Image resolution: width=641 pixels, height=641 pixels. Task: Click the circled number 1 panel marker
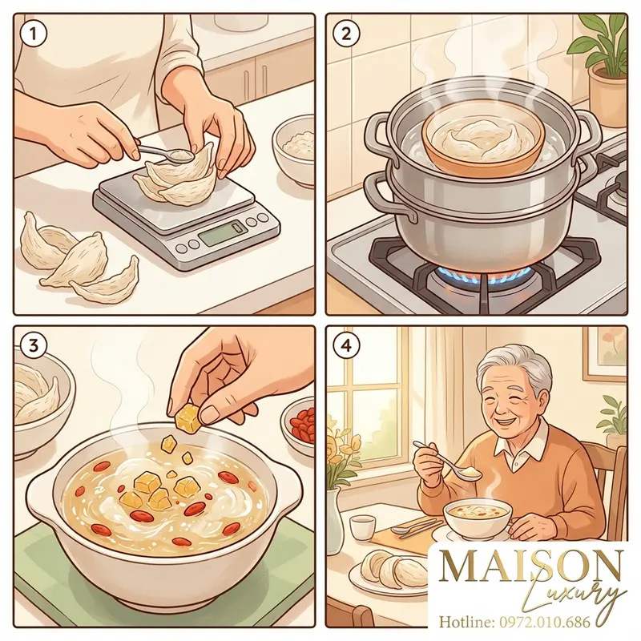pyautogui.click(x=34, y=34)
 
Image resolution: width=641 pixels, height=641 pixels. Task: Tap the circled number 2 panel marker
pyautogui.click(x=346, y=34)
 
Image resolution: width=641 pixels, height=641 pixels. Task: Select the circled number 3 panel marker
pyautogui.click(x=34, y=346)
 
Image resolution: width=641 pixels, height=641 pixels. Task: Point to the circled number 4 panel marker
pyautogui.click(x=346, y=346)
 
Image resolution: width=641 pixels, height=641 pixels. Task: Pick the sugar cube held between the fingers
pyautogui.click(x=188, y=417)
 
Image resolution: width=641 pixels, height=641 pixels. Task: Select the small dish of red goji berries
pyautogui.click(x=299, y=425)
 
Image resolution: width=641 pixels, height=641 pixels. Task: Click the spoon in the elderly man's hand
pyautogui.click(x=449, y=460)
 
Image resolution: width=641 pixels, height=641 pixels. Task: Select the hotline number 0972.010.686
pyautogui.click(x=545, y=622)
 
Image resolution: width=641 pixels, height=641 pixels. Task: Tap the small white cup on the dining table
pyautogui.click(x=363, y=527)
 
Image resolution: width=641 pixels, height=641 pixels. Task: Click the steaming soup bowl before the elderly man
pyautogui.click(x=478, y=518)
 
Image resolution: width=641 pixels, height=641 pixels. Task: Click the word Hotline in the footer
pyautogui.click(x=467, y=622)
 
